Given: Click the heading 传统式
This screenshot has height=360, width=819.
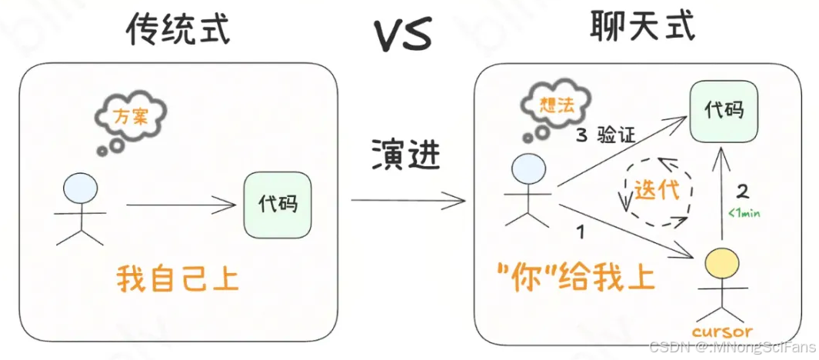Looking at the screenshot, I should (x=178, y=29).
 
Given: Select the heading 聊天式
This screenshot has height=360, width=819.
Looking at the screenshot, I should (x=643, y=27).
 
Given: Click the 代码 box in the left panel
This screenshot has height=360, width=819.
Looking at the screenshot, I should (x=278, y=205).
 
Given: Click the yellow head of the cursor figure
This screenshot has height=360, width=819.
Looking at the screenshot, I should (x=721, y=265).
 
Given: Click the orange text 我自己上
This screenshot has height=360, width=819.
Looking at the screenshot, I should (x=178, y=278).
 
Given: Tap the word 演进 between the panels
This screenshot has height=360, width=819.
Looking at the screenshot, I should (x=406, y=154).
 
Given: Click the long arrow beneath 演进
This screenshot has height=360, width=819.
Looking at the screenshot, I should (x=408, y=202).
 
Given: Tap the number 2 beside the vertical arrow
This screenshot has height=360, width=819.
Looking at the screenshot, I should (x=743, y=191).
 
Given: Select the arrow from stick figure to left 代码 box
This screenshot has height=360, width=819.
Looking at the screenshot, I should (x=180, y=205).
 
